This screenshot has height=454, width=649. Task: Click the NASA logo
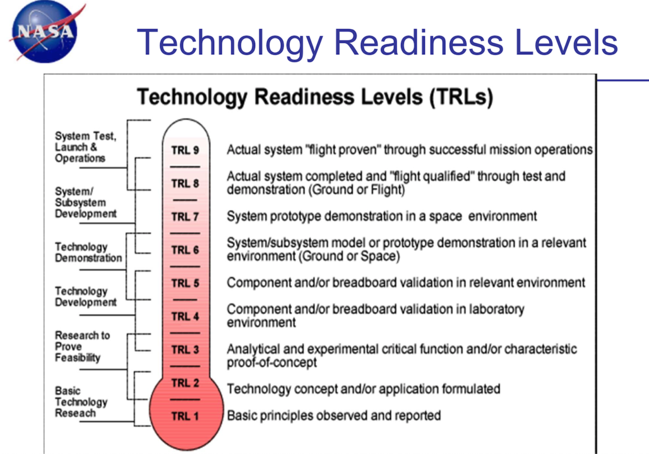click(x=46, y=32)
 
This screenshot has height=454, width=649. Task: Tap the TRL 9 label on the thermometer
click(x=185, y=150)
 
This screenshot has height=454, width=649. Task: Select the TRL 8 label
click(x=185, y=183)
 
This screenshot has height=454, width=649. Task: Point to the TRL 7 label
click(x=185, y=217)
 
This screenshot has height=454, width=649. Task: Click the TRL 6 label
click(x=185, y=250)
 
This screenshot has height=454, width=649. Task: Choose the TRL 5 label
click(x=185, y=283)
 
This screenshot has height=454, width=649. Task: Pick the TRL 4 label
click(x=185, y=317)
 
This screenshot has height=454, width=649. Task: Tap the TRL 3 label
click(x=185, y=350)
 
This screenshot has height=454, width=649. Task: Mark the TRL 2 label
click(x=185, y=383)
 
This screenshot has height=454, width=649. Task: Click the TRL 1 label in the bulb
click(x=185, y=416)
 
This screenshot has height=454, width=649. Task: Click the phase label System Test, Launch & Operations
click(x=86, y=147)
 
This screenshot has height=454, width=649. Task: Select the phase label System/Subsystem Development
click(x=86, y=202)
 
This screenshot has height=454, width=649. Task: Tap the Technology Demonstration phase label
click(x=88, y=252)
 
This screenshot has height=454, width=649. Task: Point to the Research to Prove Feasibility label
click(x=82, y=347)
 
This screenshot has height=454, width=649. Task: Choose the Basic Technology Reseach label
click(x=81, y=402)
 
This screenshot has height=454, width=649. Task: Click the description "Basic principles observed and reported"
click(x=333, y=416)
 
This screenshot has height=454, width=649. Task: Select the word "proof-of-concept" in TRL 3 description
click(x=271, y=363)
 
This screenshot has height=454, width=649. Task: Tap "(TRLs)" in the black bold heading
click(x=461, y=97)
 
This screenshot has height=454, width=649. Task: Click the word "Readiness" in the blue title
click(x=419, y=42)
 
